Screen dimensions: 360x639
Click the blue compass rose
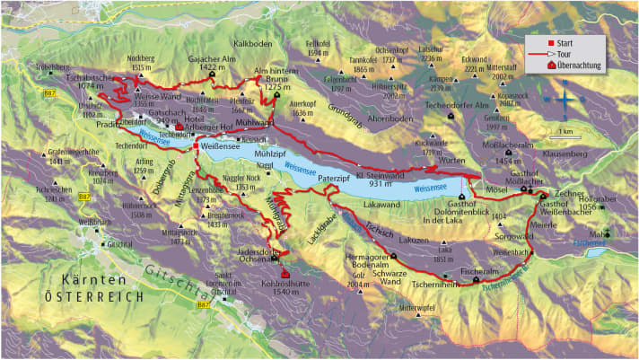tap(565, 99)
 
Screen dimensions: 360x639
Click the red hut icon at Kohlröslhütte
tap(285, 274)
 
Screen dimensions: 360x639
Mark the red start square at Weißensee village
tap(195, 146)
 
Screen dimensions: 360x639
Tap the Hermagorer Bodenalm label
tap(371, 262)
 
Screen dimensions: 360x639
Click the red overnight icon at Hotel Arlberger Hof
tap(179, 127)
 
